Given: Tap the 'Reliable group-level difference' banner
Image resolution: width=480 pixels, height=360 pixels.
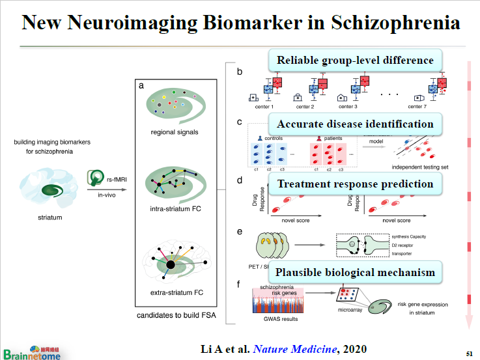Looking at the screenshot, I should coord(355,61).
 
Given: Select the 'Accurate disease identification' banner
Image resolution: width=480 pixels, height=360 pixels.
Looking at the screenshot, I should coord(355,124).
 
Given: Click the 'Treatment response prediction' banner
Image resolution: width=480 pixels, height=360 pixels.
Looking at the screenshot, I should coord(355,184).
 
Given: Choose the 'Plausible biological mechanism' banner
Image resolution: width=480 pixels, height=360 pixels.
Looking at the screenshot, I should coord(355,272).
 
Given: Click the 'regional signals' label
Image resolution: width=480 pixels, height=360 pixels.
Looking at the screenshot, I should coord(174,133).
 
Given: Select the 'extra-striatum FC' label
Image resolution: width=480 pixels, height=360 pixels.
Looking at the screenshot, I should coord(174,293).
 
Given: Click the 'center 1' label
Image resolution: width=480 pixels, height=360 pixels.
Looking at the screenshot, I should coord(264,106).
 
